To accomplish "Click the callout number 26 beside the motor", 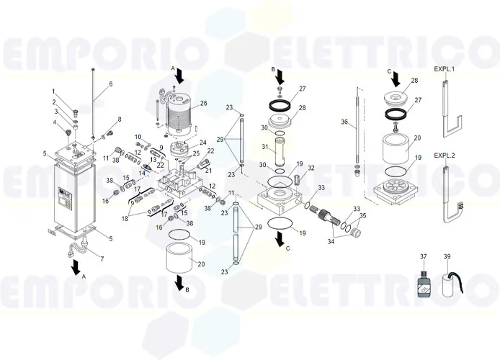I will [203, 104].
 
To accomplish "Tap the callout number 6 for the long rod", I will [110, 84].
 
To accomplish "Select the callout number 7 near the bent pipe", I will [101, 258].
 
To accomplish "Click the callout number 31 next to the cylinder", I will [264, 148].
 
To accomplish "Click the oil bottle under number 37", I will [424, 282].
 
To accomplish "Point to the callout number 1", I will [53, 91].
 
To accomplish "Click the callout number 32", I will [311, 168].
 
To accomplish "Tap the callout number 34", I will [331, 242].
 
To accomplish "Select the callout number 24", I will [203, 143].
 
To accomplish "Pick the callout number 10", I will [137, 137].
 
